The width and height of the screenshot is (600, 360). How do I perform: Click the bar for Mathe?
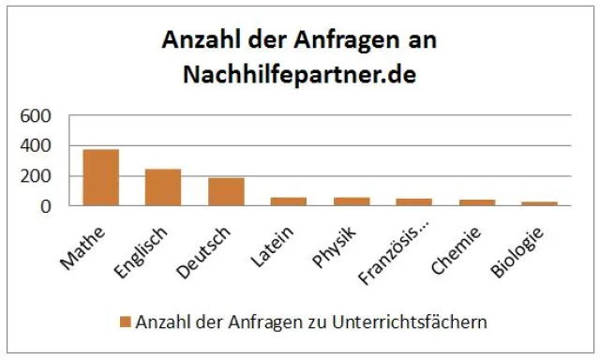click(x=100, y=177)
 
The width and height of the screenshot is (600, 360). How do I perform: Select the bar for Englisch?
click(x=163, y=187)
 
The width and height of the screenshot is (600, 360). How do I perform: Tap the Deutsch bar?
click(x=226, y=191)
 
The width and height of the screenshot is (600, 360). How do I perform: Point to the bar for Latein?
click(x=288, y=202)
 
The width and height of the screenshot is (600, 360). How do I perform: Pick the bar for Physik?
click(x=351, y=202)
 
